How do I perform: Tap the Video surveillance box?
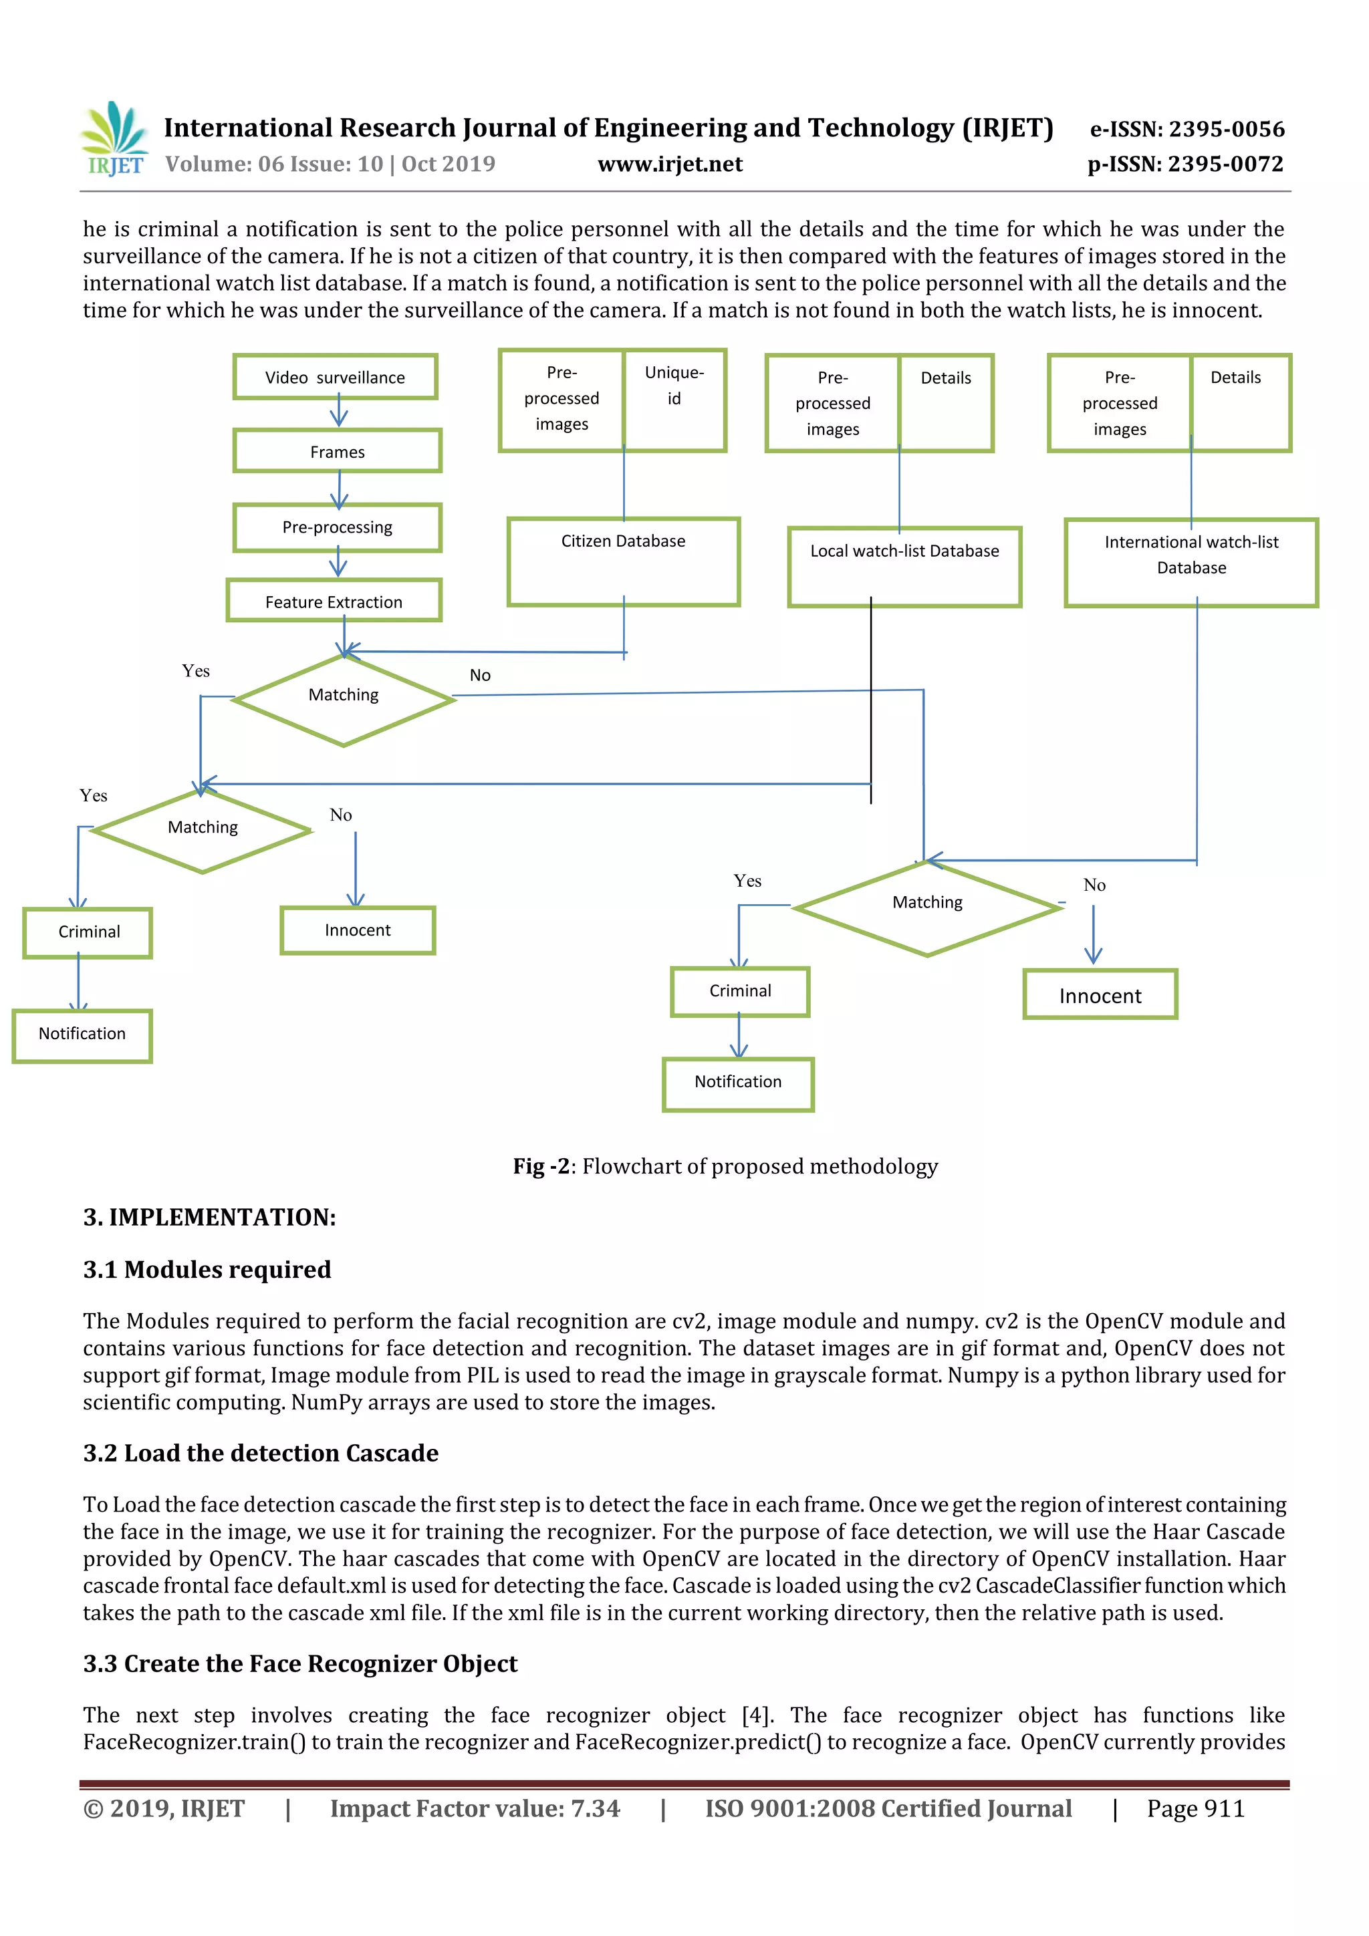(335, 377)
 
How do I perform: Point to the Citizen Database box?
(624, 561)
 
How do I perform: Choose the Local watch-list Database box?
(904, 566)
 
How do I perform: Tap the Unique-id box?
(674, 400)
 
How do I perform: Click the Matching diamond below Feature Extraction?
(344, 699)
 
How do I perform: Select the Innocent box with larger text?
(1100, 995)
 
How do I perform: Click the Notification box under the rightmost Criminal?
(738, 1083)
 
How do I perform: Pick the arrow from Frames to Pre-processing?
(339, 489)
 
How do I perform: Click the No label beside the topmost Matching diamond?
(480, 674)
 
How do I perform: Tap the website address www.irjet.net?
(670, 164)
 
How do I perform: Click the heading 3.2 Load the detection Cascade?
(261, 1453)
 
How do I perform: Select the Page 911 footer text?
(1195, 1808)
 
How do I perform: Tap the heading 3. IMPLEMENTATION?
(209, 1217)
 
